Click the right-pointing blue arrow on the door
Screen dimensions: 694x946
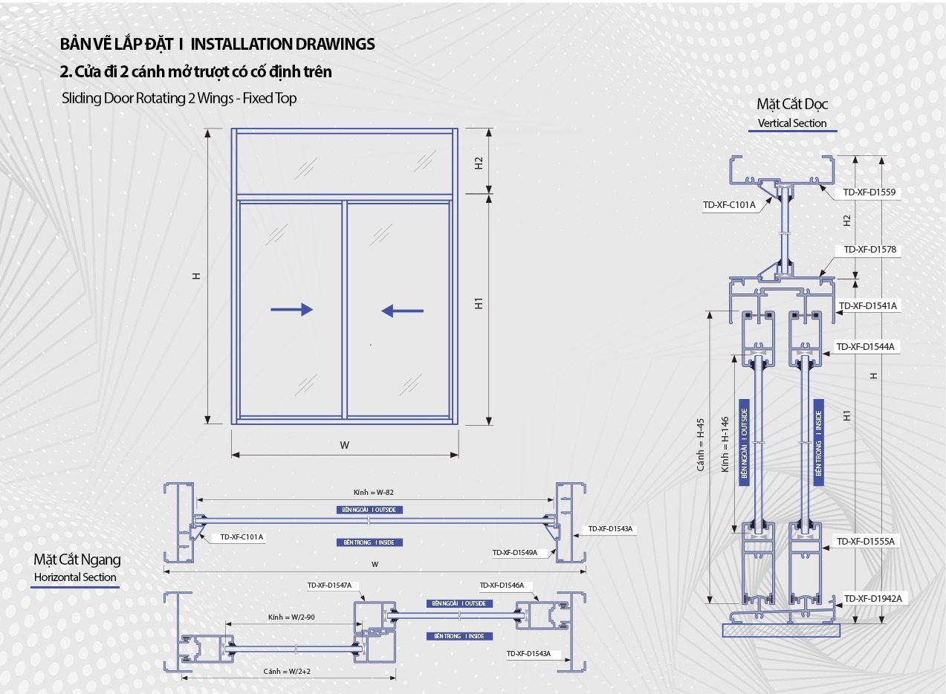[x=291, y=310]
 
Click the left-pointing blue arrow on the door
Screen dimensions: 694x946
[x=403, y=311]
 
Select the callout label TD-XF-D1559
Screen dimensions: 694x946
[x=869, y=192]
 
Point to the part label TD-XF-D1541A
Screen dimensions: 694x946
[x=868, y=306]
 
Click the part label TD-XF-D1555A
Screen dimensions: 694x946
[x=866, y=542]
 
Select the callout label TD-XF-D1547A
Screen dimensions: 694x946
[x=329, y=586]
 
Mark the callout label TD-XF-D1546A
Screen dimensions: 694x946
[x=502, y=586]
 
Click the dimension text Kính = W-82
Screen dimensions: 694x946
[x=373, y=492]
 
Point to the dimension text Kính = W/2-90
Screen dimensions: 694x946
[x=290, y=617]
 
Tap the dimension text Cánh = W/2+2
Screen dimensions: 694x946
[x=287, y=672]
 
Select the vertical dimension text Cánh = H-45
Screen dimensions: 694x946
[x=700, y=444]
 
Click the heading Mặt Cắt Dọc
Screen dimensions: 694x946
[x=792, y=104]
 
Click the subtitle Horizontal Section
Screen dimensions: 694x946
[x=75, y=577]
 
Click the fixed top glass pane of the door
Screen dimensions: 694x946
[x=344, y=164]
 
